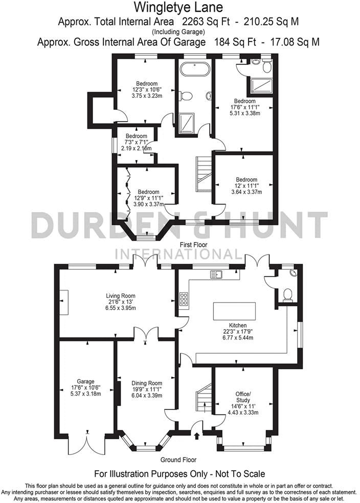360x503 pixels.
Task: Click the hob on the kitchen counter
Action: pos(184,299)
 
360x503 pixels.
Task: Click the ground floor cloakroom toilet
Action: pos(287,294)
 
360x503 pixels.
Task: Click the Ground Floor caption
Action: pos(178,460)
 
